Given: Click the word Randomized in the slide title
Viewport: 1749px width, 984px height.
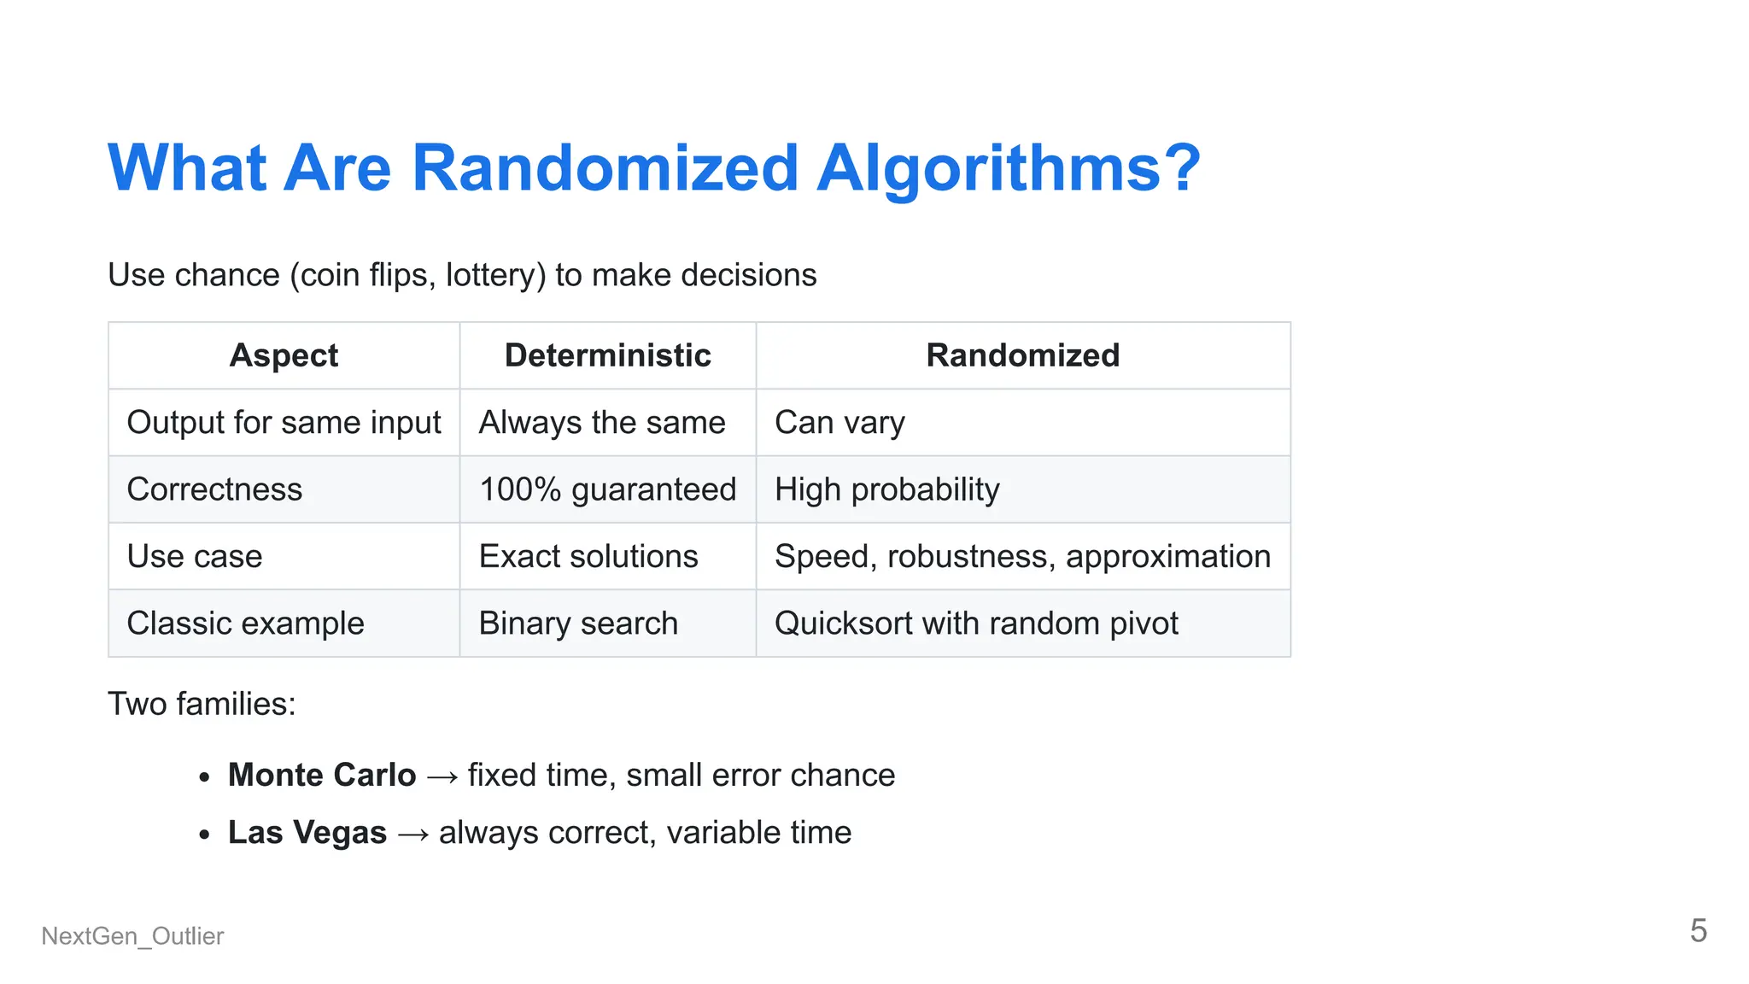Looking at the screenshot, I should tap(605, 168).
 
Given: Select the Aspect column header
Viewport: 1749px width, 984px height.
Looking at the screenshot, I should tap(284, 355).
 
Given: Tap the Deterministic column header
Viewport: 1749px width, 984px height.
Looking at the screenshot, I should tap(607, 355).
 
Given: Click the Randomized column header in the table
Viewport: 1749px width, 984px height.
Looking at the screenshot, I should tap(1022, 355).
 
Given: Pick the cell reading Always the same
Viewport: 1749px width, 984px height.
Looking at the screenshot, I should tap(601, 423).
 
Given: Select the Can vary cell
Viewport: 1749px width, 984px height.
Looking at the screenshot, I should tap(839, 423).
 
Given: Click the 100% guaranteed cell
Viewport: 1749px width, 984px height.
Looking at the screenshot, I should tap(607, 489).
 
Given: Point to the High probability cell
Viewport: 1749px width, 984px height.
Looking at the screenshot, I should tap(886, 489).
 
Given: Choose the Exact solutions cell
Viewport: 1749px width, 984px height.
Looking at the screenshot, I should tap(588, 556).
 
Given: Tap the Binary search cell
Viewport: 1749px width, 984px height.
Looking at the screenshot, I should tap(578, 624).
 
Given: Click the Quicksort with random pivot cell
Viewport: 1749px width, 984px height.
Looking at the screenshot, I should tap(976, 624).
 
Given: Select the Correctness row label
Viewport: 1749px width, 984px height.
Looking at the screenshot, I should tap(214, 489).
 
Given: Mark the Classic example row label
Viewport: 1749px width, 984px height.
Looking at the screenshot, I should tap(245, 624).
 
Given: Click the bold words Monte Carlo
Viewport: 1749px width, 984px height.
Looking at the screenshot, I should tap(322, 775).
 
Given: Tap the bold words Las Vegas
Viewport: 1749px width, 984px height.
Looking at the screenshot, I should tap(307, 832).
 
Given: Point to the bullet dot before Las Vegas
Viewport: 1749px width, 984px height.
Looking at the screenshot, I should tap(204, 834).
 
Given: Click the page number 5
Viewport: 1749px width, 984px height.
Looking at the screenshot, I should tap(1698, 930).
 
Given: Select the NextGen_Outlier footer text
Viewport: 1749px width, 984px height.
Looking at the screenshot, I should tap(132, 936).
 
